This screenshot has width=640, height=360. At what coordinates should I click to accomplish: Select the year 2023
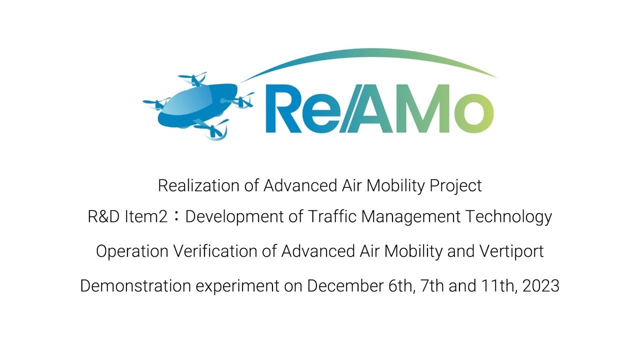coord(541,286)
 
